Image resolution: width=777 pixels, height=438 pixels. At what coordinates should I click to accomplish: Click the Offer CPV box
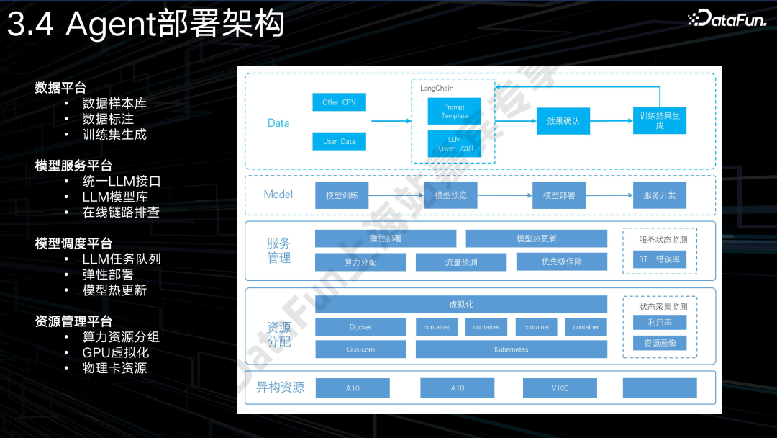tap(339, 102)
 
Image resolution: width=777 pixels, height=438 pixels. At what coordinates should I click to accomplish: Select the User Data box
tap(339, 141)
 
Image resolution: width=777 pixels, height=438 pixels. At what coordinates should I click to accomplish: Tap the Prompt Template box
tap(454, 111)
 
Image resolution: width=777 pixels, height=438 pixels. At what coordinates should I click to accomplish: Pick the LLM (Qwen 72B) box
tap(454, 143)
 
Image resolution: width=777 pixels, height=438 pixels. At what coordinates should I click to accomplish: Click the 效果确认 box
tap(563, 121)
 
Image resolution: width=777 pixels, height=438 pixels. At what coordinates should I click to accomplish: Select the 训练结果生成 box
tap(660, 120)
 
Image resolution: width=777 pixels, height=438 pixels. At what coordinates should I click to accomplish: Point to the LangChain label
tap(437, 88)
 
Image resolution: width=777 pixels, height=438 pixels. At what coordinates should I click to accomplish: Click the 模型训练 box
tap(342, 195)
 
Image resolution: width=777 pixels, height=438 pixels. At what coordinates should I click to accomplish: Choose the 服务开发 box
tap(660, 195)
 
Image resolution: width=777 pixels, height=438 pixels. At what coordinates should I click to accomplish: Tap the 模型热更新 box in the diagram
tap(536, 238)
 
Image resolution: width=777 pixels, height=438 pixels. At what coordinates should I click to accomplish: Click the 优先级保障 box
tap(561, 262)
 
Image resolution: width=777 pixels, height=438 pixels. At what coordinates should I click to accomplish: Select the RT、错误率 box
tap(659, 259)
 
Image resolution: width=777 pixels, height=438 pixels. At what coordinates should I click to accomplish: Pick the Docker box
tap(360, 327)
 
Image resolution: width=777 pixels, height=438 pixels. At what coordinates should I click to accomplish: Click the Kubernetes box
tap(511, 349)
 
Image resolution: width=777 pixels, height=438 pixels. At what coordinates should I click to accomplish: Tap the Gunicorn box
tap(360, 349)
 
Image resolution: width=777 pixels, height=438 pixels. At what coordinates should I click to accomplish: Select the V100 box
tap(560, 388)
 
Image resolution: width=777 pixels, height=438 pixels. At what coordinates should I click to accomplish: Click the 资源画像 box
tap(659, 344)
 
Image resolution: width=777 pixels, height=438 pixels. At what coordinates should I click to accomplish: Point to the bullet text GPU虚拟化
tap(116, 352)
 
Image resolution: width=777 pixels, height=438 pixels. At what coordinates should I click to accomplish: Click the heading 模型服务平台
tap(73, 166)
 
